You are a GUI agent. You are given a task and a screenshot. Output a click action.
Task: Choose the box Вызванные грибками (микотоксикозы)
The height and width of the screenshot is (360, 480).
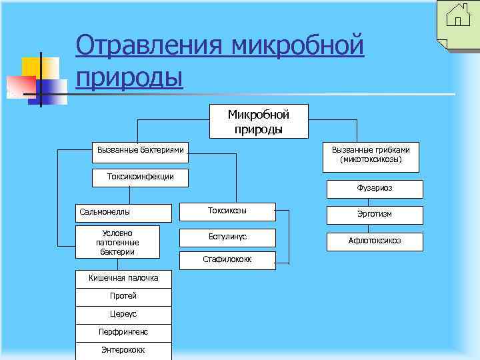click(371, 155)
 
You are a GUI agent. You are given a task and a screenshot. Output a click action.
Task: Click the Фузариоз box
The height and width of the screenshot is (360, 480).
click(375, 189)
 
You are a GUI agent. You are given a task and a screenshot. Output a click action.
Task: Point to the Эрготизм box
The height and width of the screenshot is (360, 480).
click(375, 215)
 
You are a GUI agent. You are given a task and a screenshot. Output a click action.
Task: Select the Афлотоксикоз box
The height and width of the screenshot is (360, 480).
click(375, 241)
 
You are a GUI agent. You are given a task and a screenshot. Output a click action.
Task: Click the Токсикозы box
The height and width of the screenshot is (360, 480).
click(227, 211)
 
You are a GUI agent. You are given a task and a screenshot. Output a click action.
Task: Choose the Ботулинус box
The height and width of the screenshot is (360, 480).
click(227, 237)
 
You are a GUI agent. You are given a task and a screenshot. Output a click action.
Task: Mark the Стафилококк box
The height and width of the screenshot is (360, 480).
click(227, 259)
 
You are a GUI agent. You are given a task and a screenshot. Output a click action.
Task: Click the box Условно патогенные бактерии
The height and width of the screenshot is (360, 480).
click(117, 242)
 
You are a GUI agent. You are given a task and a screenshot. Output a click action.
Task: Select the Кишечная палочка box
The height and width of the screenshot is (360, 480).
click(124, 278)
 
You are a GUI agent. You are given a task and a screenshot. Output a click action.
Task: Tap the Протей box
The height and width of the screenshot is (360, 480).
click(124, 296)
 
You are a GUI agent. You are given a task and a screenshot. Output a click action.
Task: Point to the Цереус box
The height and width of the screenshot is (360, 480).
click(124, 314)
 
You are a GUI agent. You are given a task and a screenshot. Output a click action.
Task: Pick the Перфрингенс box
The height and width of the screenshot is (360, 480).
click(124, 332)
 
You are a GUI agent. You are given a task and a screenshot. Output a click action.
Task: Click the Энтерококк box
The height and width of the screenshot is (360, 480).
click(124, 350)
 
